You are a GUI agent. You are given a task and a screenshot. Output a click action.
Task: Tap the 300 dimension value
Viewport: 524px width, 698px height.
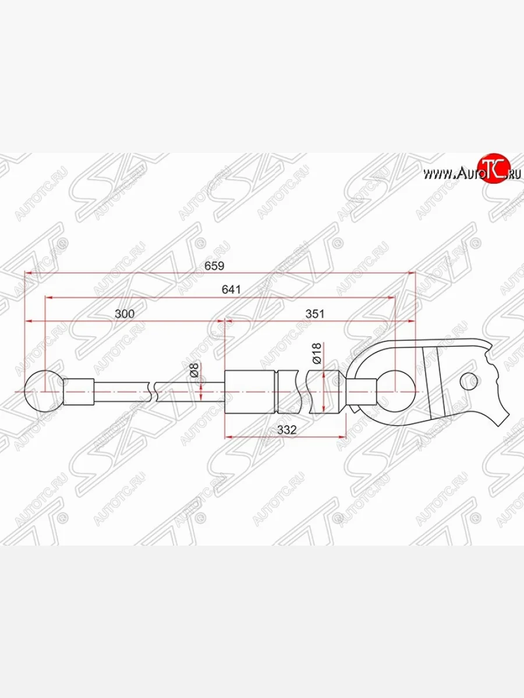click(x=125, y=314)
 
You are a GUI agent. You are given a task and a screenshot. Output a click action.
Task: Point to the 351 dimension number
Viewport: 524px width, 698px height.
click(x=313, y=314)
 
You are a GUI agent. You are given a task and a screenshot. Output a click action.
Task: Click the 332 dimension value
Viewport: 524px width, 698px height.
click(x=287, y=430)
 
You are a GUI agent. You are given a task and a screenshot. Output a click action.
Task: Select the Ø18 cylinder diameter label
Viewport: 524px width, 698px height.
click(x=316, y=354)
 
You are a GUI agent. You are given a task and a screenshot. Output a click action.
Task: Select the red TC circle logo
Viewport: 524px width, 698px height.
click(x=493, y=169)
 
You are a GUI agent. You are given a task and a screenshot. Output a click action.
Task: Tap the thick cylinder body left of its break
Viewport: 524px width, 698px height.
click(x=250, y=392)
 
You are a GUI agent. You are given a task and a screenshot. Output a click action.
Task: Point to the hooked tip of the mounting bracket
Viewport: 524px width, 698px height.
click(x=501, y=419)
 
